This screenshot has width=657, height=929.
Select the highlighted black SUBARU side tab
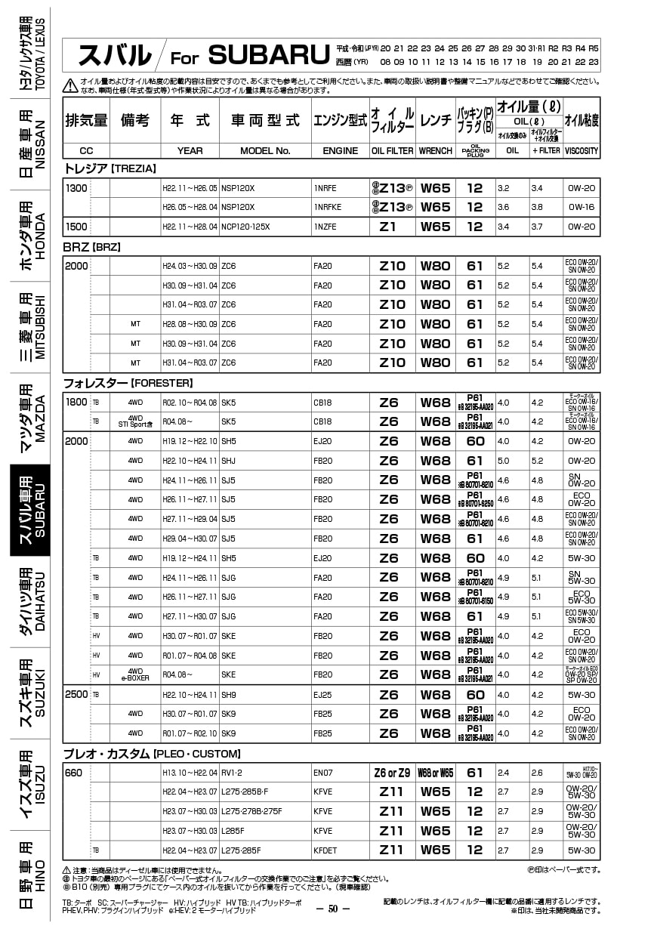coord(30,509)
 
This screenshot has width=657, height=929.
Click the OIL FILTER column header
coord(392,151)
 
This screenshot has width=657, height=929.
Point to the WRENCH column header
coord(436,151)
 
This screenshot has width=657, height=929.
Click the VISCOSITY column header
coord(581,151)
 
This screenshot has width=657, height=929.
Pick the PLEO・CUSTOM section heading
coord(152,754)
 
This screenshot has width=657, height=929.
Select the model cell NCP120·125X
coord(245,227)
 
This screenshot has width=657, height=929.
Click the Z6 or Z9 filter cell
coord(392,773)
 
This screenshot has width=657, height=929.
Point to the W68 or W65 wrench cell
coord(436,773)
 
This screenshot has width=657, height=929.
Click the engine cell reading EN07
coord(322,773)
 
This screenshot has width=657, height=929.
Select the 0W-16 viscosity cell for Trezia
coord(581,207)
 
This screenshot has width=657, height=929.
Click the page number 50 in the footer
coord(333,909)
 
